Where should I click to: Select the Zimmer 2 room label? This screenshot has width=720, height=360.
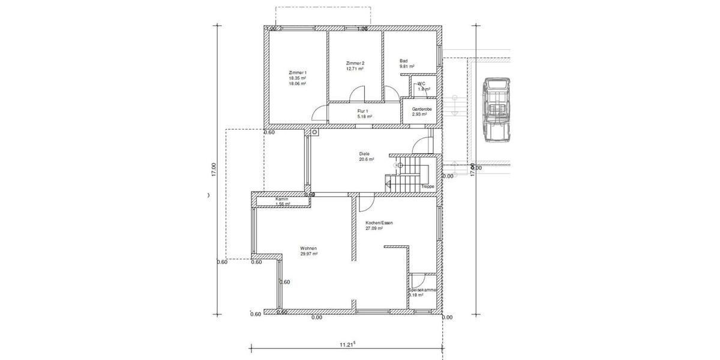[x=355, y=63]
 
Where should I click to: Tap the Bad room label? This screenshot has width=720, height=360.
[x=404, y=61]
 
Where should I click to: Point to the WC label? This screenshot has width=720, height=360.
[x=421, y=83]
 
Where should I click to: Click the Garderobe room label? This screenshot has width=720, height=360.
[x=422, y=109]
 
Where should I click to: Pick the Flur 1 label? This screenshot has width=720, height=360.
[x=362, y=111]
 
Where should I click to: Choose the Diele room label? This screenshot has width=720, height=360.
[x=364, y=154]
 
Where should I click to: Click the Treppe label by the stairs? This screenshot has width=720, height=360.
[x=427, y=187]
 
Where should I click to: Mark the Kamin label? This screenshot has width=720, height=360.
[x=282, y=199]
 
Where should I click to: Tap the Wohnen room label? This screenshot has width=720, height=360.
[x=308, y=248]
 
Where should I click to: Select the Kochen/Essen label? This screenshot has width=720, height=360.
[x=379, y=223]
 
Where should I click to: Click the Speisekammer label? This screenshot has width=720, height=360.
[x=422, y=290]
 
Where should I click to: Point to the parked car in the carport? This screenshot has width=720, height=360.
[x=497, y=110]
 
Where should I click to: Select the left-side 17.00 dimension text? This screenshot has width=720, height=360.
[x=213, y=170]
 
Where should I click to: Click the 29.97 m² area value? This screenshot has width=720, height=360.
[x=308, y=254]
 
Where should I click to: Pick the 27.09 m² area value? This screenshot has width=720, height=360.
[x=374, y=229]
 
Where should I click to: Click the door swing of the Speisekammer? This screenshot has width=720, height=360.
[x=418, y=280]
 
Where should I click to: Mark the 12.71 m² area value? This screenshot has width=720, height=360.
[x=355, y=69]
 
